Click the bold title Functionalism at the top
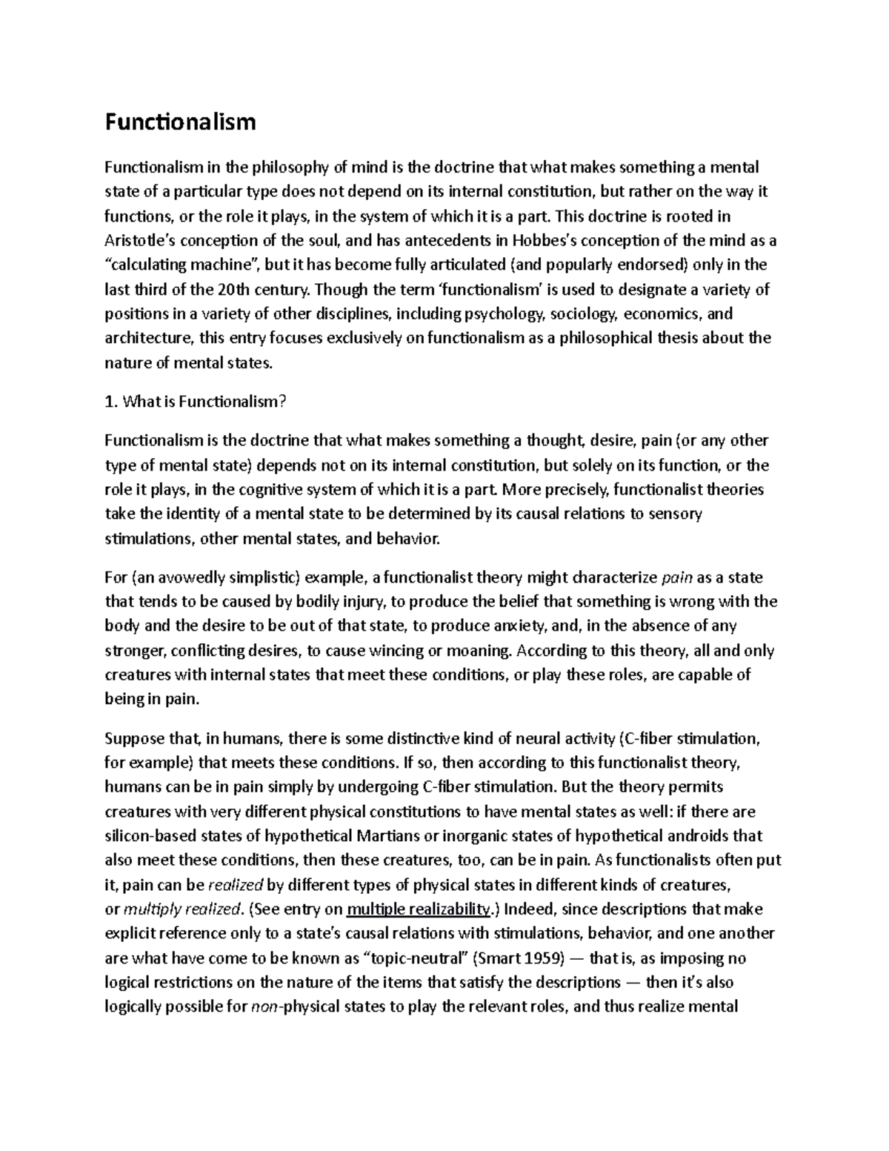coord(180,122)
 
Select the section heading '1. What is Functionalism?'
coord(195,402)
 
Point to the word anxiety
coord(516,626)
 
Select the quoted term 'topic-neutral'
coord(416,958)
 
